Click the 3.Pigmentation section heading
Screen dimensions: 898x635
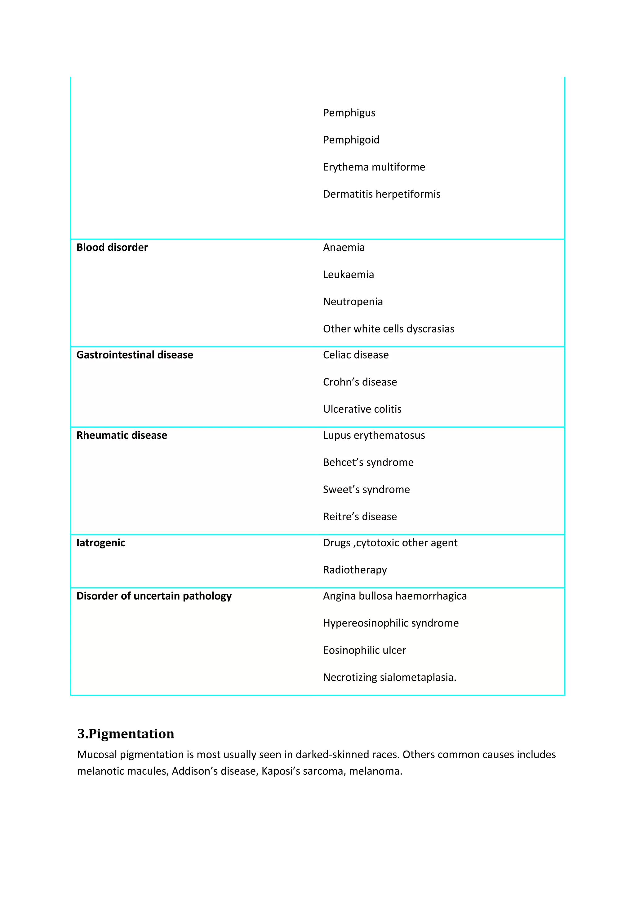[126, 734]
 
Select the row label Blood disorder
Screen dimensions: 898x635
[112, 248]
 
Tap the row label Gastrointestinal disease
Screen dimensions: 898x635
[135, 355]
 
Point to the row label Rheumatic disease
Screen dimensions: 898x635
[122, 435]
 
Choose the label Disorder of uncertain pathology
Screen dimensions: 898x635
[154, 596]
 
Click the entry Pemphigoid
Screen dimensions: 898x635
[351, 140]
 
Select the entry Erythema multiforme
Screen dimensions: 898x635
[374, 167]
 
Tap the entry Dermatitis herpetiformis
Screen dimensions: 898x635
[381, 194]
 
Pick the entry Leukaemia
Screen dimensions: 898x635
[348, 275]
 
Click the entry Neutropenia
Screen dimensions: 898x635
[353, 302]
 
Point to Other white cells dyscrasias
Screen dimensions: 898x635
[388, 329]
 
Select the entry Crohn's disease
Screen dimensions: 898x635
[360, 382]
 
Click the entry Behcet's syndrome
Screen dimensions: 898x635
[368, 462]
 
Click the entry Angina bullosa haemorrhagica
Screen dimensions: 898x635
[394, 596]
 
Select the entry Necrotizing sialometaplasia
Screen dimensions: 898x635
[389, 677]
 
